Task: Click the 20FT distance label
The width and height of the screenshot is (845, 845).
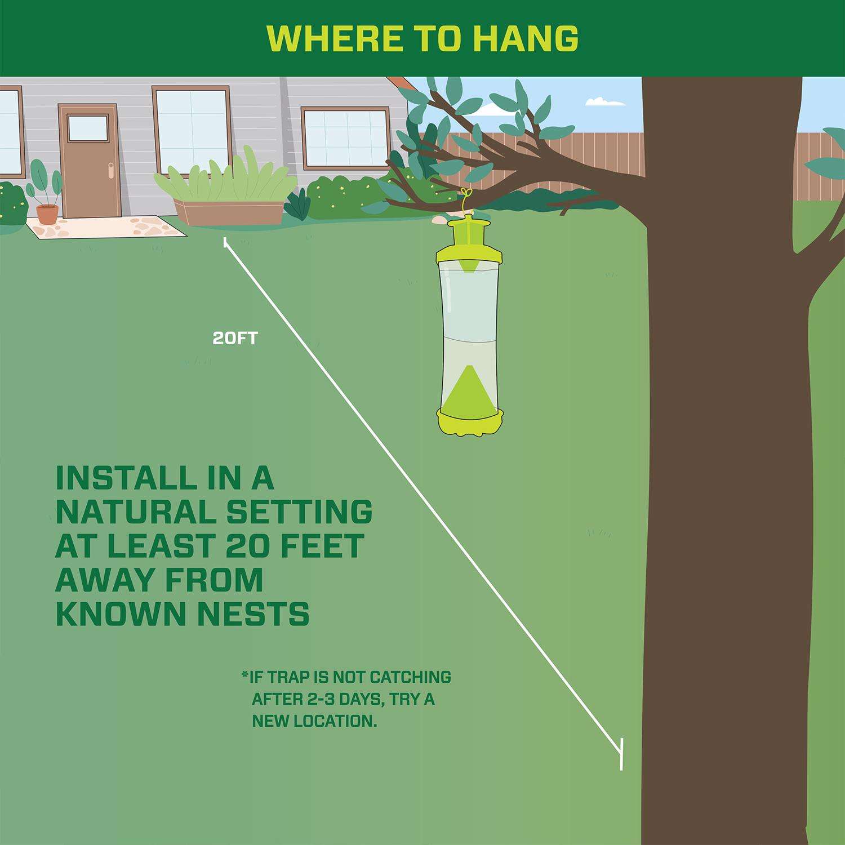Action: (x=235, y=338)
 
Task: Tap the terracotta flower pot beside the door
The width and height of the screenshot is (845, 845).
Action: (x=47, y=214)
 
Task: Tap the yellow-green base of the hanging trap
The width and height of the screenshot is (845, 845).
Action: (x=470, y=424)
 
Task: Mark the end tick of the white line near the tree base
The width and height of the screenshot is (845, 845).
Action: (x=621, y=753)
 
